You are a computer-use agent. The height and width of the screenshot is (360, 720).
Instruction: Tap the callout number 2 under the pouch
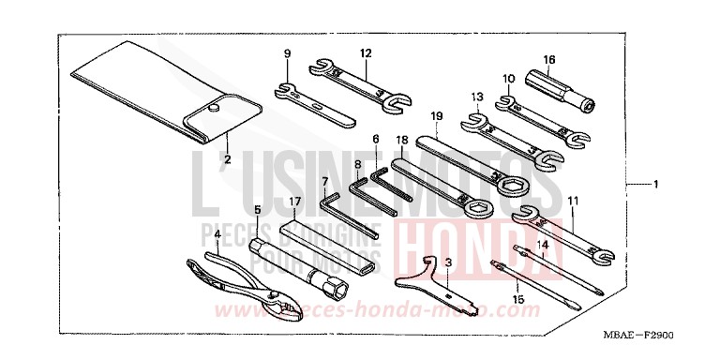pos(226,159)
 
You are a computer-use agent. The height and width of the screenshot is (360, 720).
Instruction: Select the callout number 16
pos(549,59)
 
